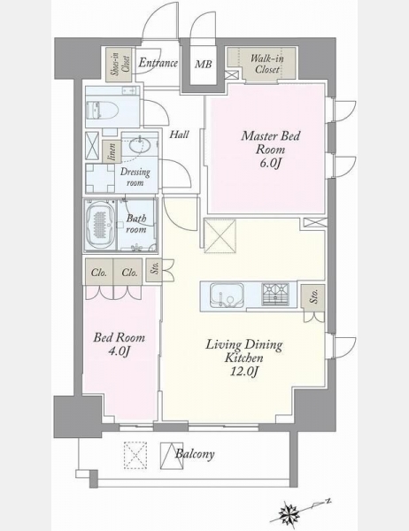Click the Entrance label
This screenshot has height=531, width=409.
(158, 64)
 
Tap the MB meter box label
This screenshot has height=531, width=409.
(204, 64)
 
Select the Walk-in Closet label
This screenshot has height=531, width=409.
(267, 64)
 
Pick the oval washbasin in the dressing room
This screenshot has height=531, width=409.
(140, 147)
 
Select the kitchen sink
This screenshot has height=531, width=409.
(227, 295)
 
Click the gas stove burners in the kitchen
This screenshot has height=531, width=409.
(275, 294)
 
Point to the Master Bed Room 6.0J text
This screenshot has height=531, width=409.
(270, 150)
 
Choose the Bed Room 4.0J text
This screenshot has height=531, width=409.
(120, 344)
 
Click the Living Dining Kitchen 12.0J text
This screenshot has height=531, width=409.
(244, 358)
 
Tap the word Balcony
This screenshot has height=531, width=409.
(195, 454)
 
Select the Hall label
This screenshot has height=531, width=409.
(179, 135)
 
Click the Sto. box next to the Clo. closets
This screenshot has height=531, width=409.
(154, 270)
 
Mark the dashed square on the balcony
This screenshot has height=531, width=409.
(135, 455)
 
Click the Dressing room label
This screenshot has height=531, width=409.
(135, 177)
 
